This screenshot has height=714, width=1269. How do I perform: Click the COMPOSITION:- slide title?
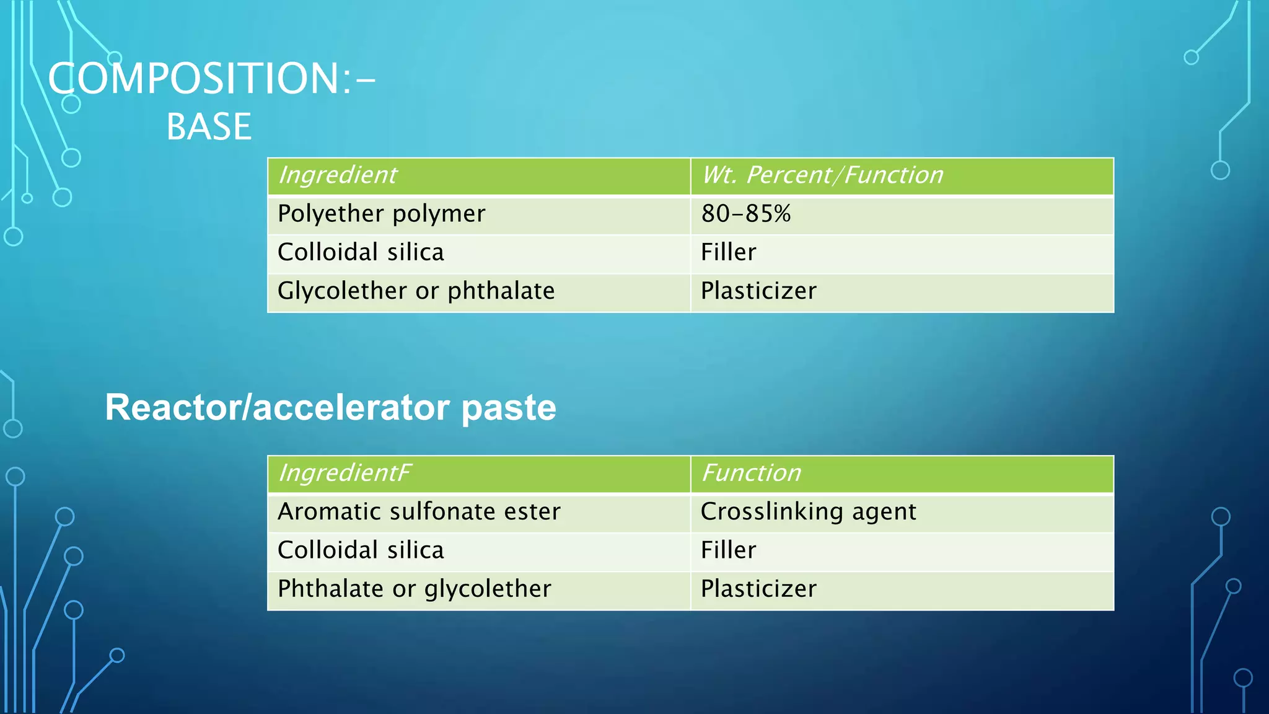[211, 79]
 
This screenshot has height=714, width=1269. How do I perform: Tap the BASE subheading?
[209, 127]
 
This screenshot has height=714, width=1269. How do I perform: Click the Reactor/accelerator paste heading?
[330, 408]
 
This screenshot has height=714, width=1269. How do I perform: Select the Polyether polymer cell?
[381, 214]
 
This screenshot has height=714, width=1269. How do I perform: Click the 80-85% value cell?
[745, 214]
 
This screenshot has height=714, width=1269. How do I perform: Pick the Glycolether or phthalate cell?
[416, 291]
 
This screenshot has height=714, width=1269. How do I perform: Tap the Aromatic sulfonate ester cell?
[419, 512]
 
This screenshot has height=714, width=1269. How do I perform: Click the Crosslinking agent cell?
[808, 512]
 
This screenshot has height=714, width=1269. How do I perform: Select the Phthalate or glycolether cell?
[414, 589]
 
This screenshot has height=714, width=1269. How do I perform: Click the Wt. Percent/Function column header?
[822, 175]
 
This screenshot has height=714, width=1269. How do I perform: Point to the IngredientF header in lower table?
[345, 474]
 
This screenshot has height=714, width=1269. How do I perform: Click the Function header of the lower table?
[751, 474]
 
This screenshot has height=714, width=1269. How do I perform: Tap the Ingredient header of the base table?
[338, 175]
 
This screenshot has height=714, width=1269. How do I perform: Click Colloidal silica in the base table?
[361, 252]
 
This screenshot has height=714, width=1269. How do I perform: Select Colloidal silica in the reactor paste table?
[361, 550]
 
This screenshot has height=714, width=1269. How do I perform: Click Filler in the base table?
[728, 252]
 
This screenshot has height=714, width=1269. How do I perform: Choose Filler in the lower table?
[728, 550]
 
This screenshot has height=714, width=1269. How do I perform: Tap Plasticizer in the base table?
[758, 291]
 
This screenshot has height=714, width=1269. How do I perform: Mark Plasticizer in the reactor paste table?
[758, 589]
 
